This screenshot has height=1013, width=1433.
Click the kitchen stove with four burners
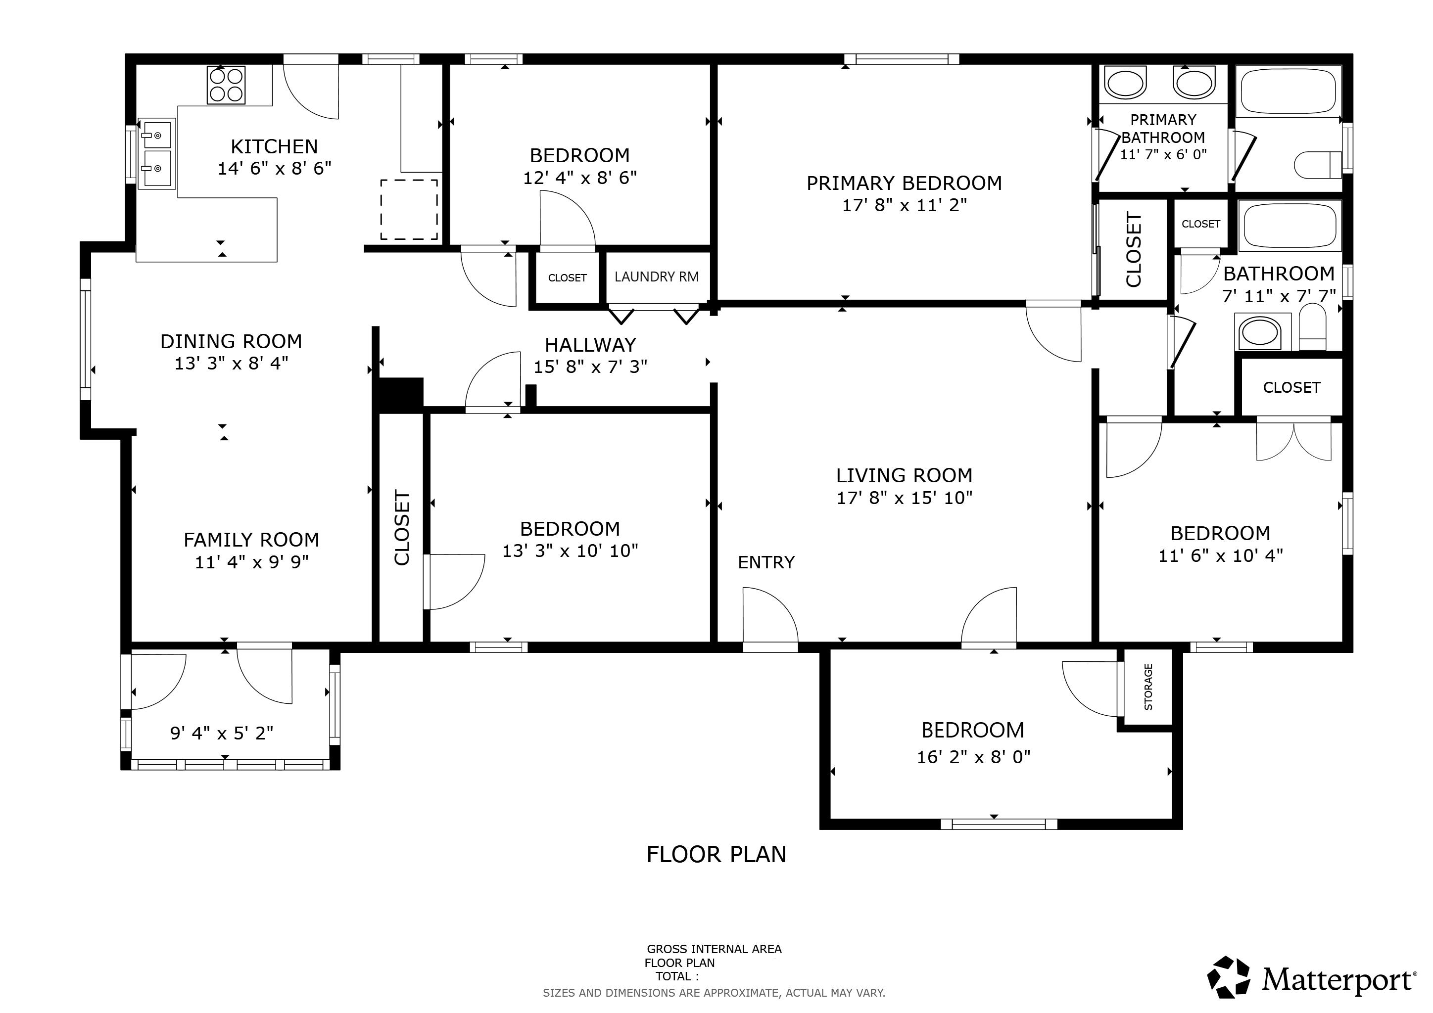(226, 85)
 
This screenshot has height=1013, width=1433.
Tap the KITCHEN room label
(274, 146)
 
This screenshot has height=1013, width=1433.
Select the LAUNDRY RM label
(657, 277)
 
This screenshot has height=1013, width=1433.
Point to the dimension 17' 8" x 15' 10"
(905, 498)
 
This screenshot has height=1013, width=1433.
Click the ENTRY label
(766, 562)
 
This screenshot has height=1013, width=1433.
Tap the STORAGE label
(1148, 687)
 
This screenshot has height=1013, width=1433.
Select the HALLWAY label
(590, 345)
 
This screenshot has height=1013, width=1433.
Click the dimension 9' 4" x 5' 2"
(222, 733)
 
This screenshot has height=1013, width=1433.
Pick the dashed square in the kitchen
(409, 210)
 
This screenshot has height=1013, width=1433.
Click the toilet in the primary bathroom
(1318, 165)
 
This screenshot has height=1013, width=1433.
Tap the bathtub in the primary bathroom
(1288, 91)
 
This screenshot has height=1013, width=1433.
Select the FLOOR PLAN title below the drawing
(716, 854)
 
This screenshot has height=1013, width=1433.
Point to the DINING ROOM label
(231, 342)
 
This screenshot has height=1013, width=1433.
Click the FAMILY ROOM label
(251, 540)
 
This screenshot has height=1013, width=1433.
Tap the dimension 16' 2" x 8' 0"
(974, 757)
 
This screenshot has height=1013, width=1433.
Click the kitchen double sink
(156, 152)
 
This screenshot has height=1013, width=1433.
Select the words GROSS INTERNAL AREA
(714, 949)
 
